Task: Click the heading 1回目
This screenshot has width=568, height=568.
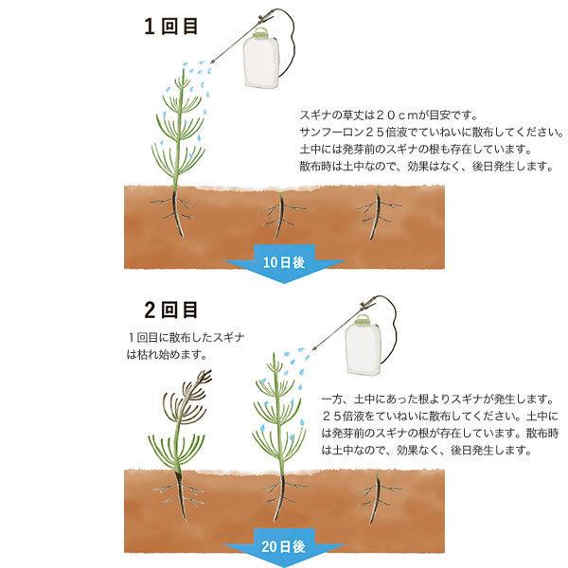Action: (x=171, y=26)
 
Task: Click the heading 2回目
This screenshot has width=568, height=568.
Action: (x=171, y=310)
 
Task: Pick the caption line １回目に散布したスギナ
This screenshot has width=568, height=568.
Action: (x=180, y=337)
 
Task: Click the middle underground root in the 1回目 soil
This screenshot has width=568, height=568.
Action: (x=278, y=215)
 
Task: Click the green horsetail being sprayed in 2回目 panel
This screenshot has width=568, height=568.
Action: (x=275, y=426)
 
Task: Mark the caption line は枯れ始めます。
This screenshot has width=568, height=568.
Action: (x=167, y=355)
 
